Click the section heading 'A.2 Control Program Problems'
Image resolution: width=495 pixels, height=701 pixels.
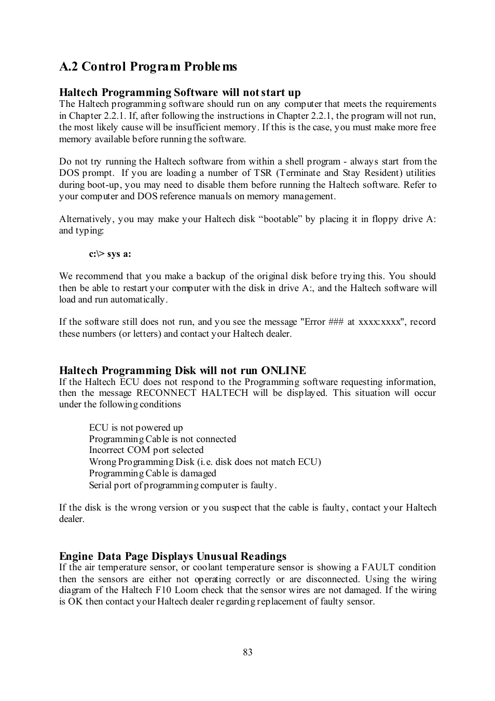148,66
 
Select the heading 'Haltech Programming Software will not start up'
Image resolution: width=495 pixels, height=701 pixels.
180,92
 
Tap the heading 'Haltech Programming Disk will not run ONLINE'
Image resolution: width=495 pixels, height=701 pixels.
182,370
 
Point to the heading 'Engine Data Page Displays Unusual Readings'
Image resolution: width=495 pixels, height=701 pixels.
172,556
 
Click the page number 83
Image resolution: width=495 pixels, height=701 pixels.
247,652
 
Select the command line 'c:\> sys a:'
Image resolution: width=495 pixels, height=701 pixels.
110,254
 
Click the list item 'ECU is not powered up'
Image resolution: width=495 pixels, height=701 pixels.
136,428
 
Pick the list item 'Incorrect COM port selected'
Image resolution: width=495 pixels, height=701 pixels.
146,450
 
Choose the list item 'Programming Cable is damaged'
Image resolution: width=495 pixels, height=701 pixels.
153,473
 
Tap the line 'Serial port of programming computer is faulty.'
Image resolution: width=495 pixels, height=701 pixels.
183,485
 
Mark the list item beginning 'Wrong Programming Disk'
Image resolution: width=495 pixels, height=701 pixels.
205,462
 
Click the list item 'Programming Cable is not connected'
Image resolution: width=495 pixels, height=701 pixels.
162,439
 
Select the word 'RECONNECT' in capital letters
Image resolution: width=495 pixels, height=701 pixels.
166,393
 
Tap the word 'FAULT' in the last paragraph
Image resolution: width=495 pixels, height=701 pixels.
378,567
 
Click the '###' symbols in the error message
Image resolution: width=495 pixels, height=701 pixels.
336,322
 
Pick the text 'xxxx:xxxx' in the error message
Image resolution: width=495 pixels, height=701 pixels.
380,322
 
